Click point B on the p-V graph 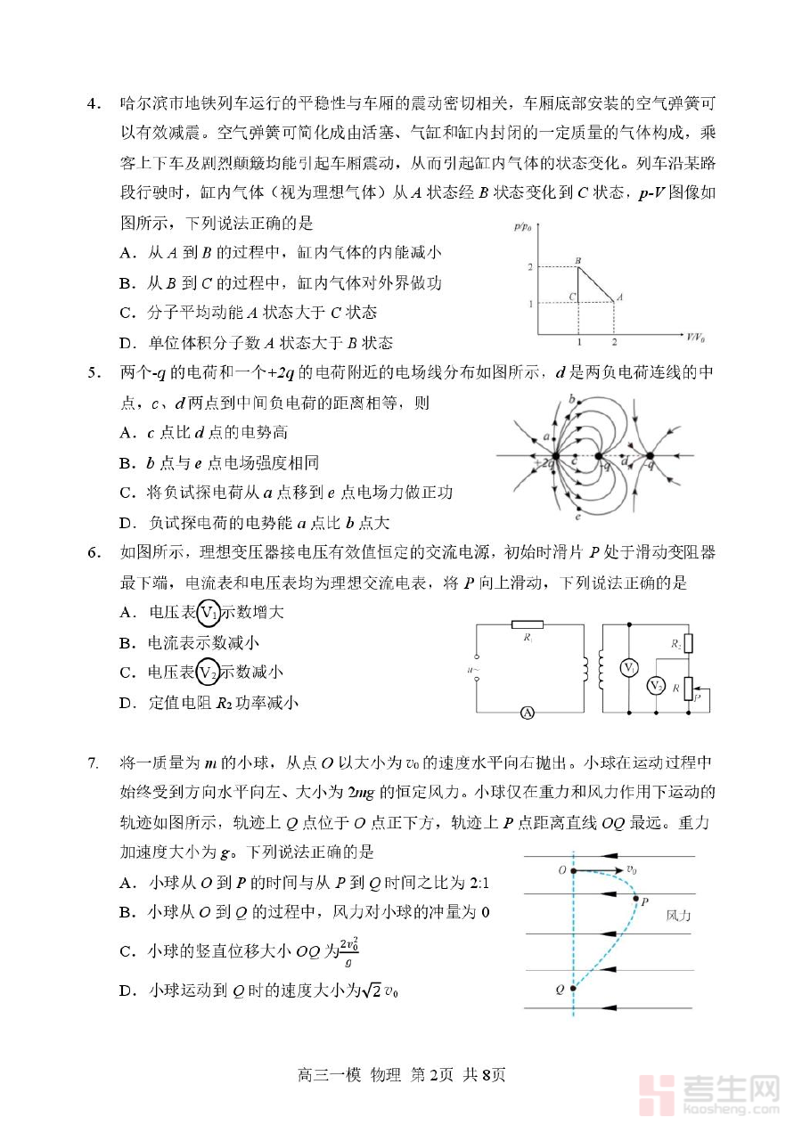578,266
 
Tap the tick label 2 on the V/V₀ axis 614,343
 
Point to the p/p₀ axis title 524,227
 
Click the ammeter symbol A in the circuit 527,713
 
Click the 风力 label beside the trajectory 678,915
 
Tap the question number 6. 93,552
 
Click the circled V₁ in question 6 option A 209,613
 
